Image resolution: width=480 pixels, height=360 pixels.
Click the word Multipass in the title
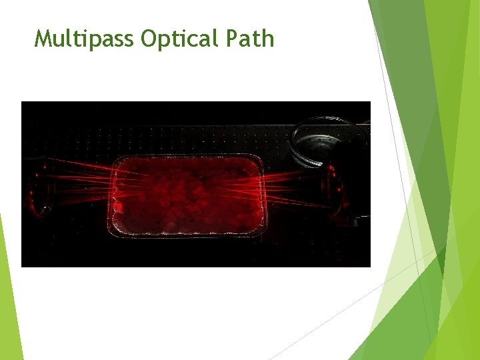(85, 39)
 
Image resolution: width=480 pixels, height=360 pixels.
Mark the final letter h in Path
(268, 39)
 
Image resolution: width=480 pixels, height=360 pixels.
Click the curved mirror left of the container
(39, 189)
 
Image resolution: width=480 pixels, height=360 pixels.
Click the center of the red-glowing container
(187, 195)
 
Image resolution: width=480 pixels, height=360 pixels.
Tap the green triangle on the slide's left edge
(9, 300)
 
